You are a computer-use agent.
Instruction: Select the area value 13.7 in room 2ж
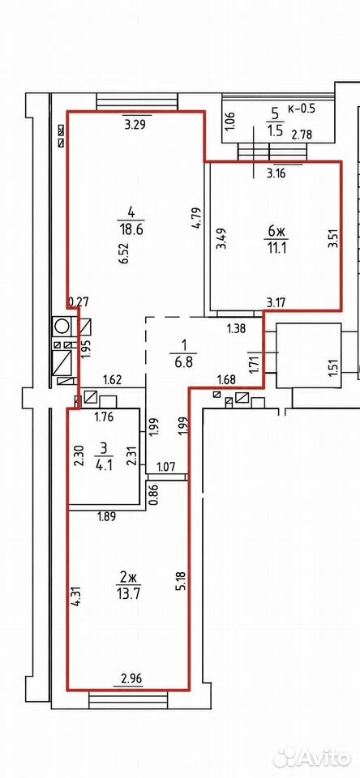(x=127, y=592)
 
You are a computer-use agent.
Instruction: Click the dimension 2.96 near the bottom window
(x=128, y=678)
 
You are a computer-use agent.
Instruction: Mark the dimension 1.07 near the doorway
(x=165, y=467)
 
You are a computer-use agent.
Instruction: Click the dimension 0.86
(x=153, y=494)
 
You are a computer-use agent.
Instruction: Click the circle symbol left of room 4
(x=62, y=326)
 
